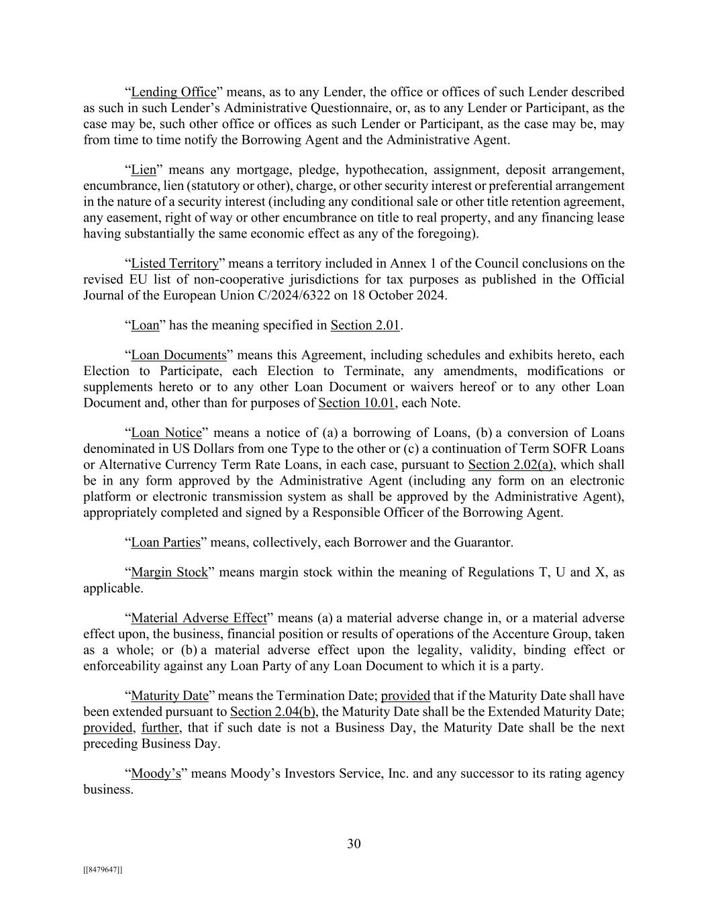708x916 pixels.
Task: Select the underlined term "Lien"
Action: click(143, 170)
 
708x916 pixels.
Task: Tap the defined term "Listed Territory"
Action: click(174, 264)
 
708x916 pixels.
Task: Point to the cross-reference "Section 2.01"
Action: click(365, 325)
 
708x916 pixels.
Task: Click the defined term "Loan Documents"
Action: click(179, 355)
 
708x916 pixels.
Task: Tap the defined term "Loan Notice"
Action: click(166, 433)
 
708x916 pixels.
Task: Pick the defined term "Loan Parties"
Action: click(165, 543)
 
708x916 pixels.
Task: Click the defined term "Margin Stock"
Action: click(169, 572)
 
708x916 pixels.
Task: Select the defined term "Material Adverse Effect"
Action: click(199, 618)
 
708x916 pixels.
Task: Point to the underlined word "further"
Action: click(160, 728)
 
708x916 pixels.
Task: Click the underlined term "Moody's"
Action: click(156, 774)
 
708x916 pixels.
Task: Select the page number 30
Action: click(354, 844)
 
